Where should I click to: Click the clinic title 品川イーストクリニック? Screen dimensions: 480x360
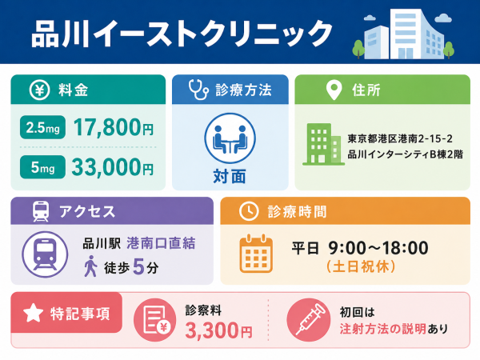182,34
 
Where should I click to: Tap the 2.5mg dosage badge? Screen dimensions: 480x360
42,127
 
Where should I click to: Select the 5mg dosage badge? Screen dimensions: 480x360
42,167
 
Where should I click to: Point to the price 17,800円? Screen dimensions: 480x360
114,127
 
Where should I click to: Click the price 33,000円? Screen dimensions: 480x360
113,167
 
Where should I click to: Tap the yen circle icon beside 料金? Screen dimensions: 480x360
39,90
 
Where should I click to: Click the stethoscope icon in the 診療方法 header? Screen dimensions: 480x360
198,90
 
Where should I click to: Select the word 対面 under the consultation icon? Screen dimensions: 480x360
230,177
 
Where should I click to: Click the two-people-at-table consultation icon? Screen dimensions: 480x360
230,138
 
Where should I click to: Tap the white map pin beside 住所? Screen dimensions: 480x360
334,90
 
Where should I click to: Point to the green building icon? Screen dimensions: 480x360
323,144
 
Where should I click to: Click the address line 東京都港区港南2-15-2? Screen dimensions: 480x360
400,139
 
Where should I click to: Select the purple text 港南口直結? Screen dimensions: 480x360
161,243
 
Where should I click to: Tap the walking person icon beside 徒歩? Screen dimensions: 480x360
90,266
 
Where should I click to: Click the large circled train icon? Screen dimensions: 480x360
45,254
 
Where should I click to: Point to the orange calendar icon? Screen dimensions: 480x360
256,254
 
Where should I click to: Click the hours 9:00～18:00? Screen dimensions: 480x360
378,248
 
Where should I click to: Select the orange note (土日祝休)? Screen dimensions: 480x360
361,266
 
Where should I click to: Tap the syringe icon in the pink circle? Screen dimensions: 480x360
309,320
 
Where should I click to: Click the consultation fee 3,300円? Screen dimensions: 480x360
218,331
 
